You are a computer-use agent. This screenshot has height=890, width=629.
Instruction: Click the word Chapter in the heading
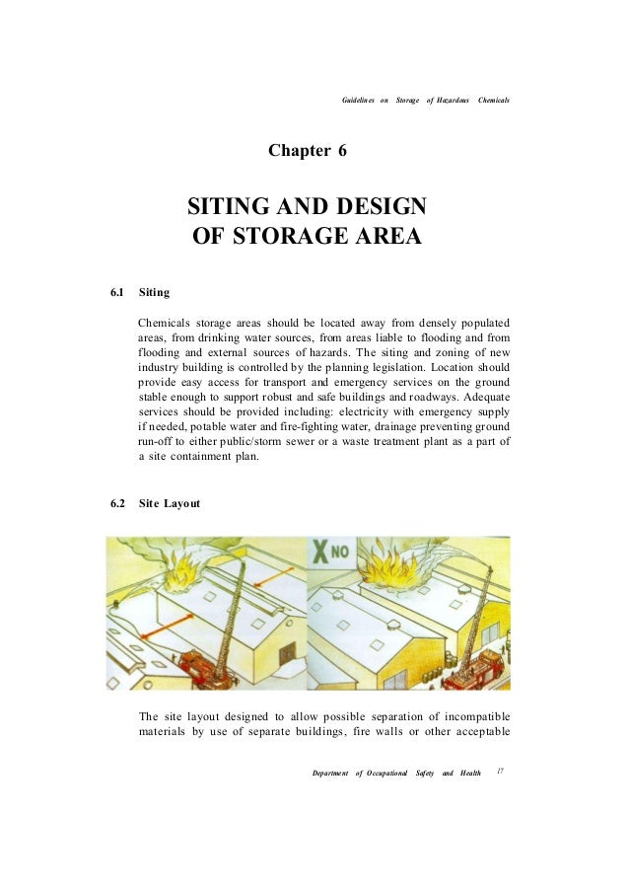(x=299, y=151)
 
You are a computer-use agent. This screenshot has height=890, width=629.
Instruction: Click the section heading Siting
(x=155, y=293)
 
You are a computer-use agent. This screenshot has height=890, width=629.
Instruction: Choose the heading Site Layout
(x=170, y=503)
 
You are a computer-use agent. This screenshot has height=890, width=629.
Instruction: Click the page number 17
(x=501, y=771)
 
